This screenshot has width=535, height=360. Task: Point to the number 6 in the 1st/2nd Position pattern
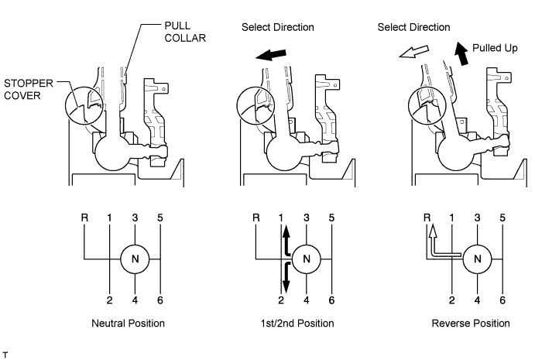[x=331, y=300]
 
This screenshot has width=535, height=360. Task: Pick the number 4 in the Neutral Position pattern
[x=135, y=300]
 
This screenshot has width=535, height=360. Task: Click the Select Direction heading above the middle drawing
[x=278, y=27]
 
